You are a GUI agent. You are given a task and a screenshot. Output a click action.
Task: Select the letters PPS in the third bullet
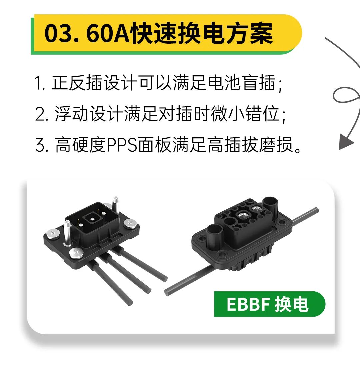122,145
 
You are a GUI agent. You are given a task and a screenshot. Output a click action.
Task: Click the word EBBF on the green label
248,304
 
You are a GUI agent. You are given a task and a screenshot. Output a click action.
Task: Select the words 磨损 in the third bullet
276,145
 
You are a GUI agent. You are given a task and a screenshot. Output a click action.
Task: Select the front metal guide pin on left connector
67,232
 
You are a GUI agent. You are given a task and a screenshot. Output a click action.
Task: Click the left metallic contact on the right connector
243,215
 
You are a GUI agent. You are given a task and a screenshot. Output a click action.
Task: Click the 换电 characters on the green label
292,304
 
